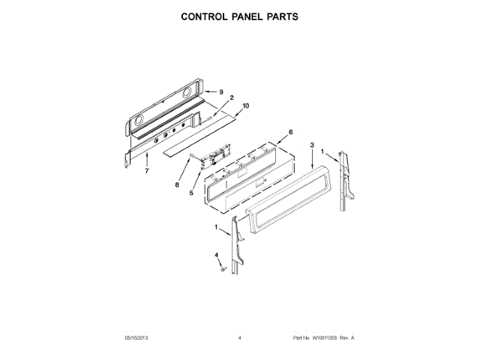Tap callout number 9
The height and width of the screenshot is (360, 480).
pyautogui.click(x=222, y=91)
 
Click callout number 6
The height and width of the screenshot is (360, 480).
pyautogui.click(x=290, y=132)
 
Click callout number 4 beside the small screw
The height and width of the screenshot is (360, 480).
pyautogui.click(x=217, y=255)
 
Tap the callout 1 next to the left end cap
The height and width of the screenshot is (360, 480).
pyautogui.click(x=216, y=227)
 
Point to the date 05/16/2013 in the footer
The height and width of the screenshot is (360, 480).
pyautogui.click(x=136, y=339)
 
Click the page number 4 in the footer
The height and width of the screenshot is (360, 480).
pyautogui.click(x=239, y=339)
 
